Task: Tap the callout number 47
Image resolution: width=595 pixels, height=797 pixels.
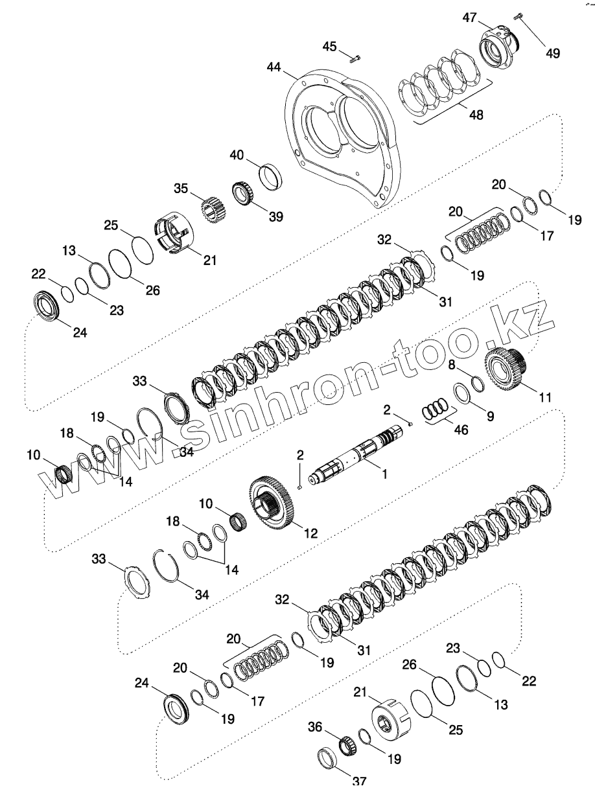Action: point(469,19)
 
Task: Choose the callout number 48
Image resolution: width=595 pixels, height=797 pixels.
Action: point(476,115)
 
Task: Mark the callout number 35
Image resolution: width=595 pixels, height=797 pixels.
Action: point(181,189)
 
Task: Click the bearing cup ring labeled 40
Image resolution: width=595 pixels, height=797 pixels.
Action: point(271,175)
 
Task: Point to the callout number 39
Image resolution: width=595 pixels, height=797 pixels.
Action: point(275,216)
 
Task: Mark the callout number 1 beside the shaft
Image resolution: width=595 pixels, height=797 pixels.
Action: point(384,474)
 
